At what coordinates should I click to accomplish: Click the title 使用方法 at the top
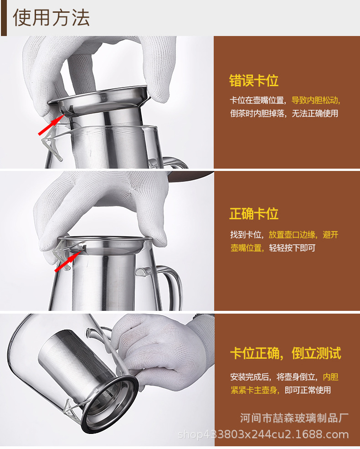[51, 17]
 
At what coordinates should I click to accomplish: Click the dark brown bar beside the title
[4, 18]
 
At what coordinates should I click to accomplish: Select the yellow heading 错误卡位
[253, 81]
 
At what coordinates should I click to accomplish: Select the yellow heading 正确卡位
[253, 214]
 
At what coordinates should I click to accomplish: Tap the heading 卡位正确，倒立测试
[286, 353]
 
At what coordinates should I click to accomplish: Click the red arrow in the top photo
[51, 124]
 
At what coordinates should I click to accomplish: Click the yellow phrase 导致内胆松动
[315, 100]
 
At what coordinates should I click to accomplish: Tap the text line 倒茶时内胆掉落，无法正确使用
[284, 114]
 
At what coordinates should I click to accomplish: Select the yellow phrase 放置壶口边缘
[292, 235]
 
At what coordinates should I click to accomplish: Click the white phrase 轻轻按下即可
[292, 248]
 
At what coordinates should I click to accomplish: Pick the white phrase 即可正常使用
[308, 390]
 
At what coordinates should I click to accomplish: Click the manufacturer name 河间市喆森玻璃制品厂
[294, 418]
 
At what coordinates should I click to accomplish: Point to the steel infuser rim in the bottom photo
[110, 404]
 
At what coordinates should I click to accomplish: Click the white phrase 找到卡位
[246, 235]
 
